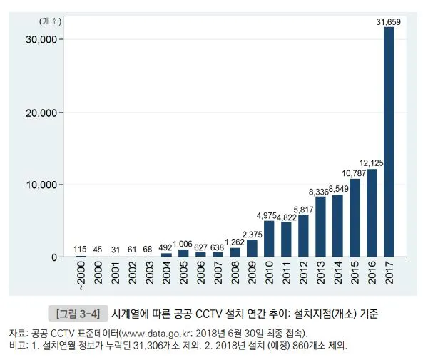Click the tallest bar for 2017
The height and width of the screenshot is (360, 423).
389,143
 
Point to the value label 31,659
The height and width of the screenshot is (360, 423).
389,23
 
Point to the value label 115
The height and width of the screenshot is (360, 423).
81,249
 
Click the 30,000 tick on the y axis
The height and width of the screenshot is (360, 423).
50,39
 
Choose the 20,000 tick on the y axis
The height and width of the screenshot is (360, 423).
50,113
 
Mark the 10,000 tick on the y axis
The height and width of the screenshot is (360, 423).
50,185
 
